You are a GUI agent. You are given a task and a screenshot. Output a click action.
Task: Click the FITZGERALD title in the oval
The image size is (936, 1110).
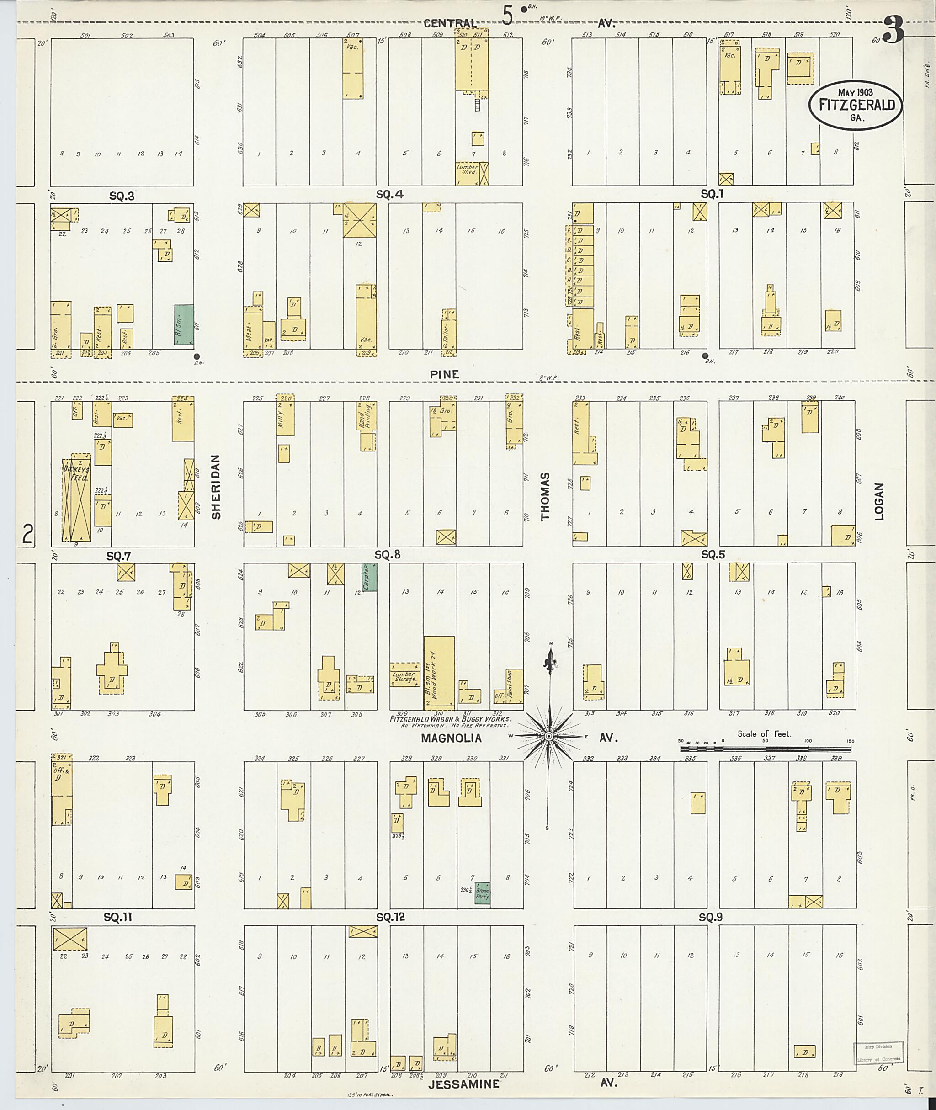click(856, 105)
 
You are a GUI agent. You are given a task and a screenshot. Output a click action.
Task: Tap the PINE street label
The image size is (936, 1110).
click(444, 374)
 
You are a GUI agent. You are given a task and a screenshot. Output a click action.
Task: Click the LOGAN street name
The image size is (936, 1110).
click(879, 501)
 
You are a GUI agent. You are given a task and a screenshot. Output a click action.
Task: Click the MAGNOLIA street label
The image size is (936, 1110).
click(451, 738)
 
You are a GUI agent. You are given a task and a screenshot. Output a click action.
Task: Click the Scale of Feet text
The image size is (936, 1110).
click(764, 734)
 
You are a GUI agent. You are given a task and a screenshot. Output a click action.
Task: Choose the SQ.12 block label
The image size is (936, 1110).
click(390, 917)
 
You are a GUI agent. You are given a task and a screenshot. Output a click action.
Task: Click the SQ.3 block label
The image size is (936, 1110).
click(122, 197)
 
